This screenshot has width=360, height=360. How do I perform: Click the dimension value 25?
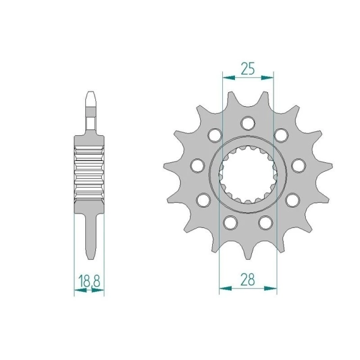point(248,68)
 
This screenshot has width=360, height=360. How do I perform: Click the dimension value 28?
point(248,279)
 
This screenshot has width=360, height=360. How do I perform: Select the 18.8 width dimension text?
point(89,281)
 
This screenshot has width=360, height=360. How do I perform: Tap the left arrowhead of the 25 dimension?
point(229,78)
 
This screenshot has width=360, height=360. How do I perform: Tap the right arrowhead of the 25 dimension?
point(268,78)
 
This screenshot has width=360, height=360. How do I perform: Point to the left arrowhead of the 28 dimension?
point(225,288)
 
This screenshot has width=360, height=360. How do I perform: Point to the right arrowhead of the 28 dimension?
point(270,288)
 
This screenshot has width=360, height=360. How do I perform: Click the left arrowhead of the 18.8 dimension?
point(80,290)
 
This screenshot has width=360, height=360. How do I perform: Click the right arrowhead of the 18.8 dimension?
point(98,290)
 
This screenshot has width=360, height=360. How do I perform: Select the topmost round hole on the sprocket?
point(248,123)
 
